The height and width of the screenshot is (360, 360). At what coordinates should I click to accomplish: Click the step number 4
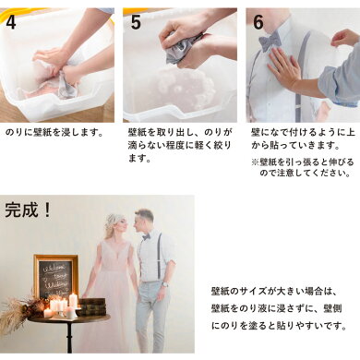pos(11,21)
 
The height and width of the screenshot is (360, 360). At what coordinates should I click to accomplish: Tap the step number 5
pos(136,21)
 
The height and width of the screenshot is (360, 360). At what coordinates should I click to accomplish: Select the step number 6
pos(258,21)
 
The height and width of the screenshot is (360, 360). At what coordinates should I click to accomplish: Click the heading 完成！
pos(28,210)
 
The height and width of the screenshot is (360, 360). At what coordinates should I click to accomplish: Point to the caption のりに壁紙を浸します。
pos(54,133)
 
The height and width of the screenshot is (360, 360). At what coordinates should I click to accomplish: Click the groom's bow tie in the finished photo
pos(146,237)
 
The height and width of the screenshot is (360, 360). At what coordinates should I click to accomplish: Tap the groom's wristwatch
pos(165,284)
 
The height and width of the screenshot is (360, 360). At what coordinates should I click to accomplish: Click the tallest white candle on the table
pos(73,300)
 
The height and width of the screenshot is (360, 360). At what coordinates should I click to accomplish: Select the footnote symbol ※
pos(255,162)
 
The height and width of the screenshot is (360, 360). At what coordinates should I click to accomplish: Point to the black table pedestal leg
pos(69,338)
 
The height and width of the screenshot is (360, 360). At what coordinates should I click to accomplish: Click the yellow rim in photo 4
pos(112,21)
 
